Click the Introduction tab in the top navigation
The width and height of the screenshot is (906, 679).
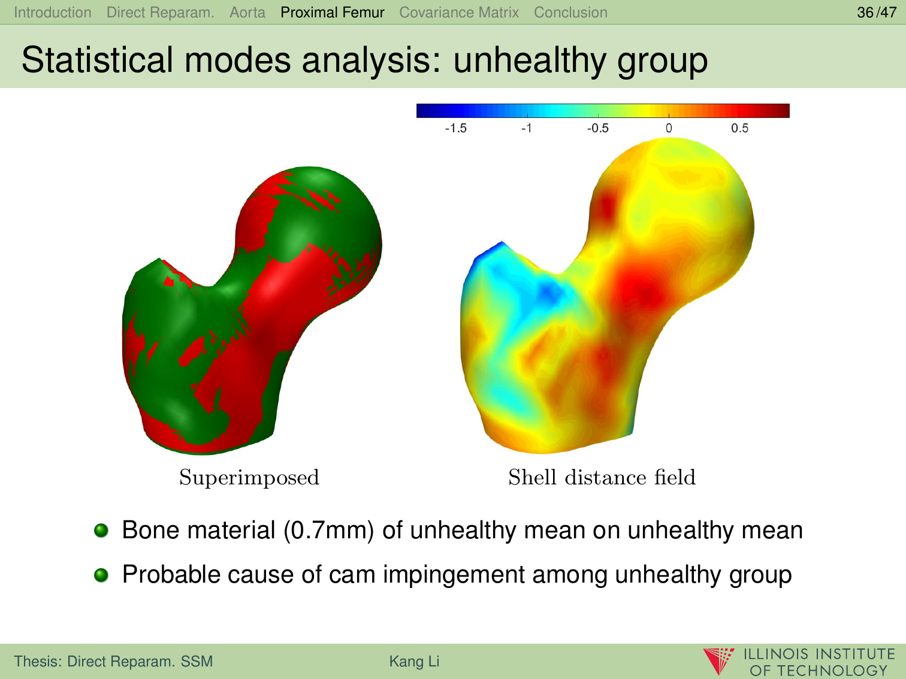click(52, 13)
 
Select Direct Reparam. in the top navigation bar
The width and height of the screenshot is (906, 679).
click(160, 13)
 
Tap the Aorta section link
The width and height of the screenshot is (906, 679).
click(247, 13)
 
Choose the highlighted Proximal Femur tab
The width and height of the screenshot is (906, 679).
click(333, 13)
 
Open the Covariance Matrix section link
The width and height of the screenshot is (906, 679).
click(459, 13)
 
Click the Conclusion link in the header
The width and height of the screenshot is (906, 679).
click(570, 13)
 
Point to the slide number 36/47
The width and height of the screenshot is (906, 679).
click(876, 13)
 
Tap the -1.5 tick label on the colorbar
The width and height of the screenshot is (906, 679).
click(455, 128)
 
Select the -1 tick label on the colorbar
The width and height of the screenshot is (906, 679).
click(526, 128)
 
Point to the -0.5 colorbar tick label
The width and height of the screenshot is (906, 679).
click(597, 128)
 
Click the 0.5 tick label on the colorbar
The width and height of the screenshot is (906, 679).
click(739, 128)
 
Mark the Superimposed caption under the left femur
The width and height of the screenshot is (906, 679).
click(249, 478)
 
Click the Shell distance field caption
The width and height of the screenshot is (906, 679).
click(602, 477)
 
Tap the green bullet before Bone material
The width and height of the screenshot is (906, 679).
click(101, 531)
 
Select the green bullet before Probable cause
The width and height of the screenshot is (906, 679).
click(101, 575)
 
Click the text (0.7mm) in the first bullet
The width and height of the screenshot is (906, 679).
click(328, 531)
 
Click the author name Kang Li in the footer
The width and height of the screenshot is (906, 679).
click(414, 661)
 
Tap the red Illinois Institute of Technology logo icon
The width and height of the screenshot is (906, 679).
click(718, 661)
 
